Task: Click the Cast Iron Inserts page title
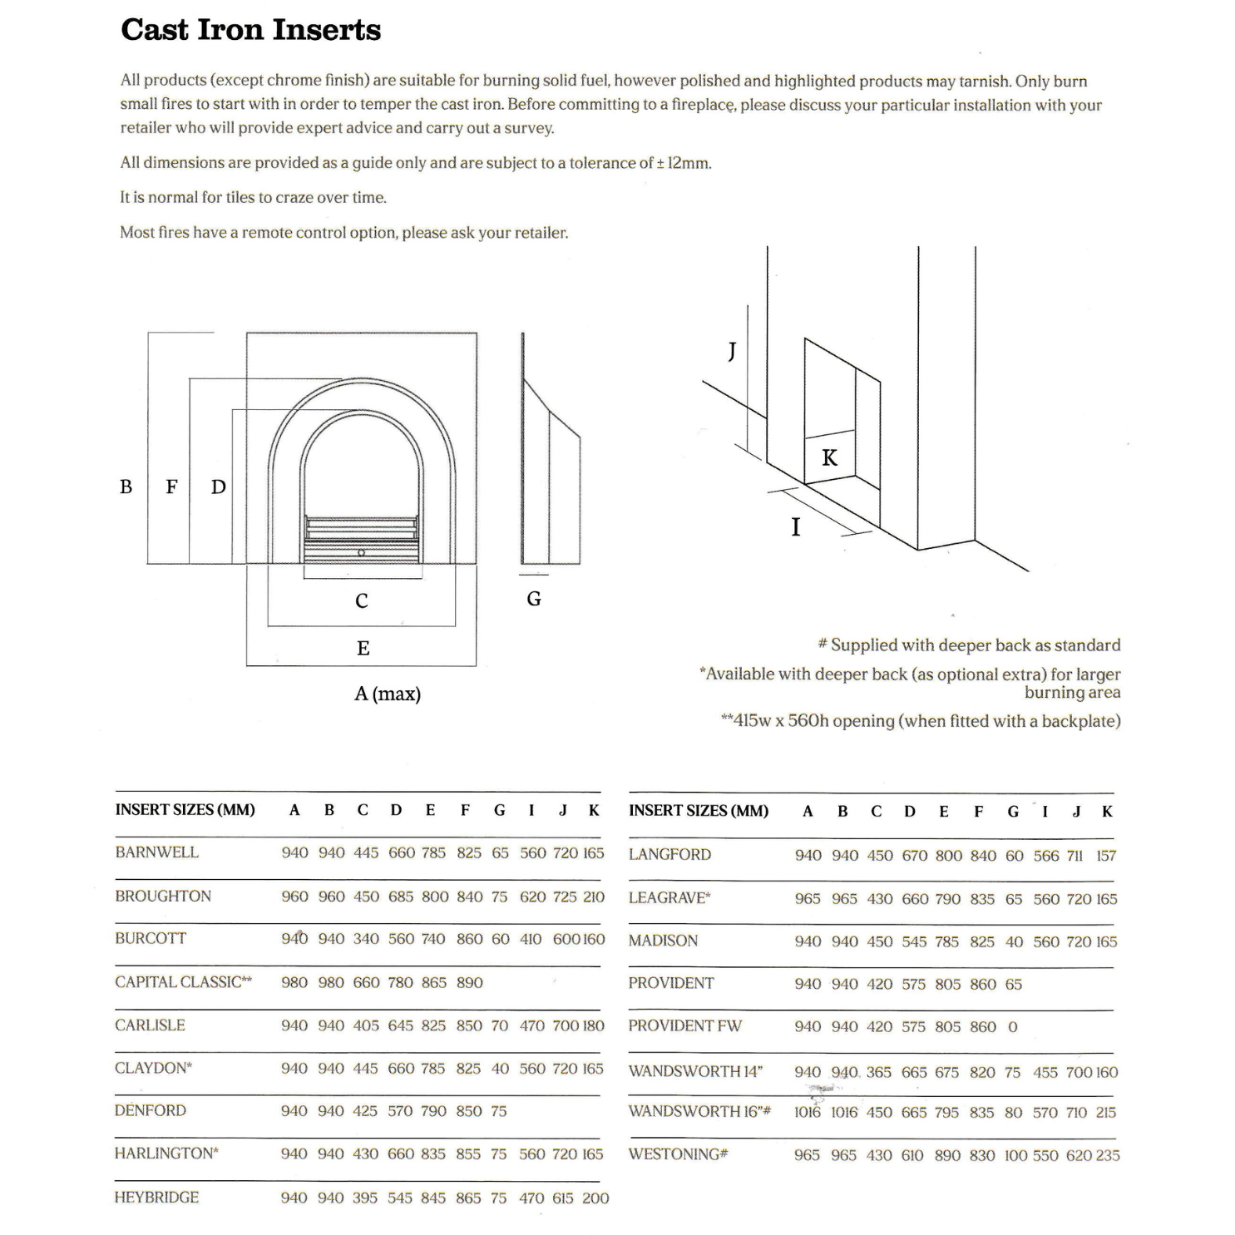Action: [250, 30]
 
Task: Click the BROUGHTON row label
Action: [163, 896]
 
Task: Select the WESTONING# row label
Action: [678, 1154]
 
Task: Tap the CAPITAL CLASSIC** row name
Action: [183, 982]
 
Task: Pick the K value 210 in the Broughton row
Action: [594, 897]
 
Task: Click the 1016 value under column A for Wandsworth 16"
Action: [807, 1113]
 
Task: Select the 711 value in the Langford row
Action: [1074, 856]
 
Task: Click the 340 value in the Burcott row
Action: [366, 939]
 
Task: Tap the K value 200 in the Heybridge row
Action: [595, 1198]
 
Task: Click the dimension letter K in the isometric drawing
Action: [829, 457]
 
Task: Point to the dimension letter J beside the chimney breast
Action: [732, 351]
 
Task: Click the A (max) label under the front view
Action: [388, 694]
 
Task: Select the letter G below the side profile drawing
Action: [534, 599]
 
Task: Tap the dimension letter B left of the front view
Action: [126, 487]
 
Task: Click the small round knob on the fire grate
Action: [361, 552]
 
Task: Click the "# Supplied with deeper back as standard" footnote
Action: [969, 645]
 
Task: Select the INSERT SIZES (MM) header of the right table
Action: [699, 811]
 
